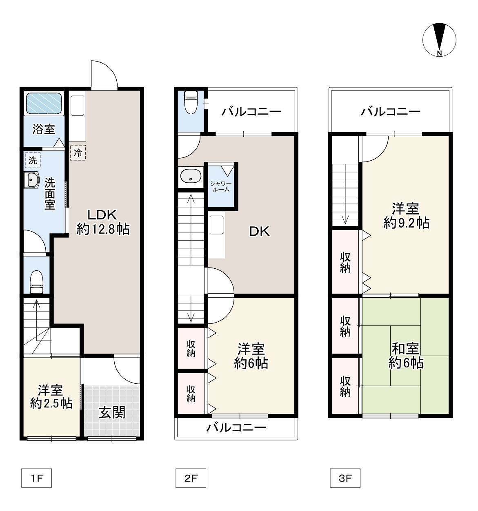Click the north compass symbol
[x=439, y=40]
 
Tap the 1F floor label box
[x=36, y=478]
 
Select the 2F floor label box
[x=191, y=478]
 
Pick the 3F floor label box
[x=345, y=478]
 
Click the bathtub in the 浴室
[x=44, y=103]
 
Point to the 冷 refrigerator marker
[x=78, y=153]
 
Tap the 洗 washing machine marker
[x=33, y=160]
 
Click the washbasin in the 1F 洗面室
[x=31, y=180]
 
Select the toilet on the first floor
[x=37, y=282]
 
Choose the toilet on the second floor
[x=191, y=102]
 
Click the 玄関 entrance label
[x=112, y=412]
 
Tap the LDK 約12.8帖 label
[x=103, y=222]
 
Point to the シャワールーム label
[x=221, y=186]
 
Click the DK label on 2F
[x=259, y=231]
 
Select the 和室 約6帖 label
[x=406, y=356]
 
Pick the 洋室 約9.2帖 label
[x=406, y=216]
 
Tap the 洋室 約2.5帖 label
[x=51, y=396]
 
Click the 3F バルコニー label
[x=390, y=112]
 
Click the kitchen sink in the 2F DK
[x=217, y=225]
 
